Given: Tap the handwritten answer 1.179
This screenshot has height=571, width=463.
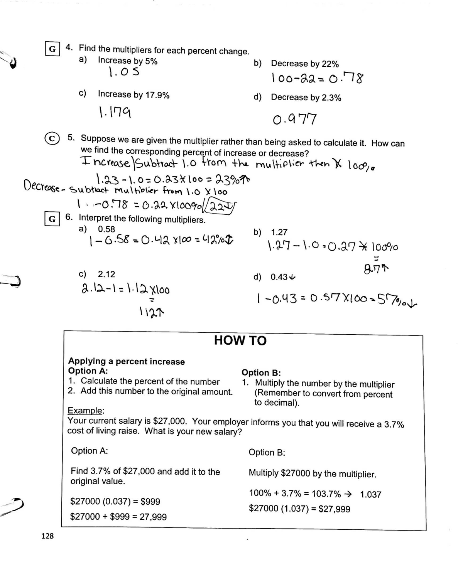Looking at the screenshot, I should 115,112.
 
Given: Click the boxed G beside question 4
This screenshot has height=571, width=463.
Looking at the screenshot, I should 52,49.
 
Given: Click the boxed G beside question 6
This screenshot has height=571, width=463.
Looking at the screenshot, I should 52,219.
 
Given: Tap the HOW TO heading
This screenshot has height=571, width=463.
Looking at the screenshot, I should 240,340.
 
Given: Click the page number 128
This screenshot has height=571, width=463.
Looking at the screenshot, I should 47,536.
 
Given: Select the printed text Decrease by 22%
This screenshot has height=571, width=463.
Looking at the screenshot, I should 305,64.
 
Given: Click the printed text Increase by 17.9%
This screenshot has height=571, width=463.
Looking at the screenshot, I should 133,94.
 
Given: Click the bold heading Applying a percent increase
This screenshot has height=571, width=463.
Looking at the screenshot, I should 126,361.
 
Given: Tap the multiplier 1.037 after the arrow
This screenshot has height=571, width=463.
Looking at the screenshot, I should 370,494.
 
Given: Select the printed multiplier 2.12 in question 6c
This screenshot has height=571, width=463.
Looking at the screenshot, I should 106,274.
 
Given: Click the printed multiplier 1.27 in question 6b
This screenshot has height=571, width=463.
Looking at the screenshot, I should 279,232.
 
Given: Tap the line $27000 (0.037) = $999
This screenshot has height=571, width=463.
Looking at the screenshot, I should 115,501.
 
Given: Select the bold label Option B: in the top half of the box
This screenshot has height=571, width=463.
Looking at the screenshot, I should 261,372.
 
